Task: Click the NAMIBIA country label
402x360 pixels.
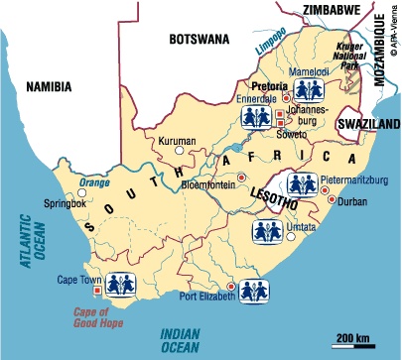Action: (x=48, y=86)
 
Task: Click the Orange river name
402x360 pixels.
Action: (x=95, y=181)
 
